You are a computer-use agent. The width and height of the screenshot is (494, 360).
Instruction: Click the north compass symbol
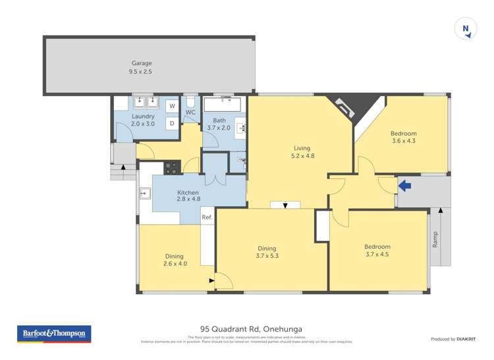coord(466,29)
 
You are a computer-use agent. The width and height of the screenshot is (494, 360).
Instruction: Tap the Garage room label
coord(141,67)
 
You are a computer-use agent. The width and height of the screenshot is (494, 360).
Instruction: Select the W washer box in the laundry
coord(171,106)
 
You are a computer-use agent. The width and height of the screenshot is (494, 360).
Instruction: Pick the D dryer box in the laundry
coord(171,123)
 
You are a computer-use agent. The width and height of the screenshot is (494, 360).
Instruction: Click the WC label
coord(191,113)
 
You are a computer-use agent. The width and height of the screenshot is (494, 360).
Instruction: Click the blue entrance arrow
coord(405,186)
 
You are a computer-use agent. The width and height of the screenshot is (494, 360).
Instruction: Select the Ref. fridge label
coord(207,217)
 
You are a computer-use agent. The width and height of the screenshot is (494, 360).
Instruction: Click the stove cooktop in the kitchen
coord(171,167)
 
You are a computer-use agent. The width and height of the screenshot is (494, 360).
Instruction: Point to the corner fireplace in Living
coord(348,105)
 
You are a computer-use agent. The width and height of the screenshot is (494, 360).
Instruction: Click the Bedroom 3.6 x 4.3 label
coord(404,137)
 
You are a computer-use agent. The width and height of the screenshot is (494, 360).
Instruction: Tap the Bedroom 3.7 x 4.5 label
coord(377,251)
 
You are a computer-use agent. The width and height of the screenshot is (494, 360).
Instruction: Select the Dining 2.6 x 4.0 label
coord(174,260)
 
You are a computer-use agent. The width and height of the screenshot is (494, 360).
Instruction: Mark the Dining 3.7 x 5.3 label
coord(266,252)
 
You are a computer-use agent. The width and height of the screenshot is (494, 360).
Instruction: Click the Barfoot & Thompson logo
coord(54,334)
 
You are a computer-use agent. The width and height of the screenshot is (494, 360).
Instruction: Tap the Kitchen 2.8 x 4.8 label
coord(188,195)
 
